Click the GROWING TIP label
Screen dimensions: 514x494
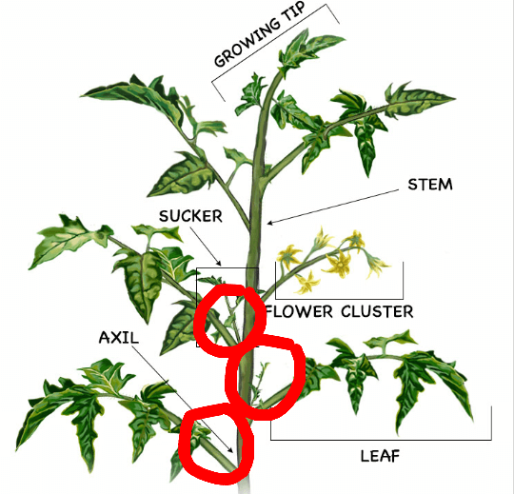[x=260, y=34]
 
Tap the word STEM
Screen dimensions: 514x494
[x=430, y=185]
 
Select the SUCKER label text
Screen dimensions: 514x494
[x=190, y=216]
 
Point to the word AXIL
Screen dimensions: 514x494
[x=119, y=337]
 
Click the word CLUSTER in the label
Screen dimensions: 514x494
[x=377, y=311]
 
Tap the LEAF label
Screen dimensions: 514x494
[x=380, y=456]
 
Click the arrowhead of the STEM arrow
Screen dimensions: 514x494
[x=269, y=224]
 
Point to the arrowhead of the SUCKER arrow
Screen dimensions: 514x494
[x=219, y=264]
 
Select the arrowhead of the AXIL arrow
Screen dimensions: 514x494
[x=231, y=450]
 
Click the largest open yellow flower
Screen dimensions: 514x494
[x=338, y=264]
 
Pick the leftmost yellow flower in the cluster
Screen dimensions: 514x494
[x=288, y=256]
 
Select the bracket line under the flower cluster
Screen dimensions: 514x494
[x=339, y=299]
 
